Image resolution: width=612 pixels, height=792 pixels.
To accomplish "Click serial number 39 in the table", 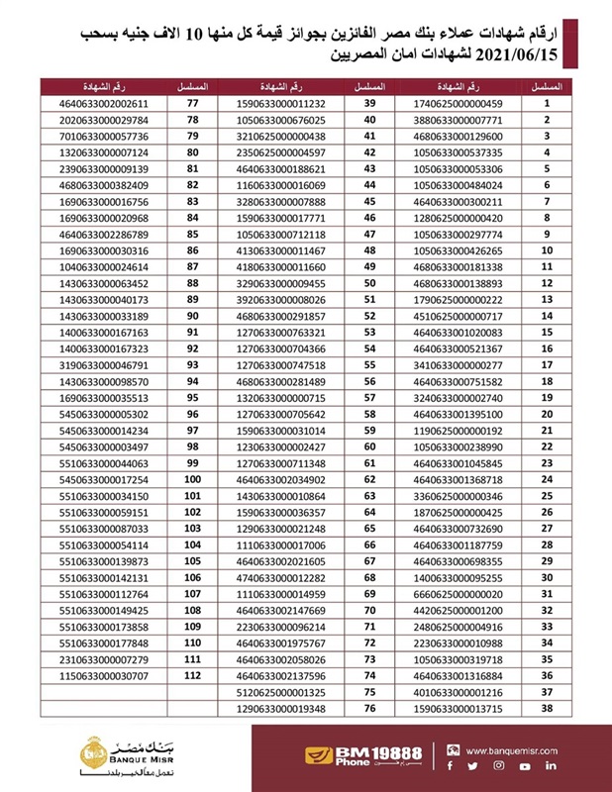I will pos(373,103).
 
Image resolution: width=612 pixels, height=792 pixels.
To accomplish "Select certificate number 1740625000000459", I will pos(461,103).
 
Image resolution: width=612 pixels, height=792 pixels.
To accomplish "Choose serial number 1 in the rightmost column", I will pos(546,103).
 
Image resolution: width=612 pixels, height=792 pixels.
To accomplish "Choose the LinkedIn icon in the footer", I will pos(551,765).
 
